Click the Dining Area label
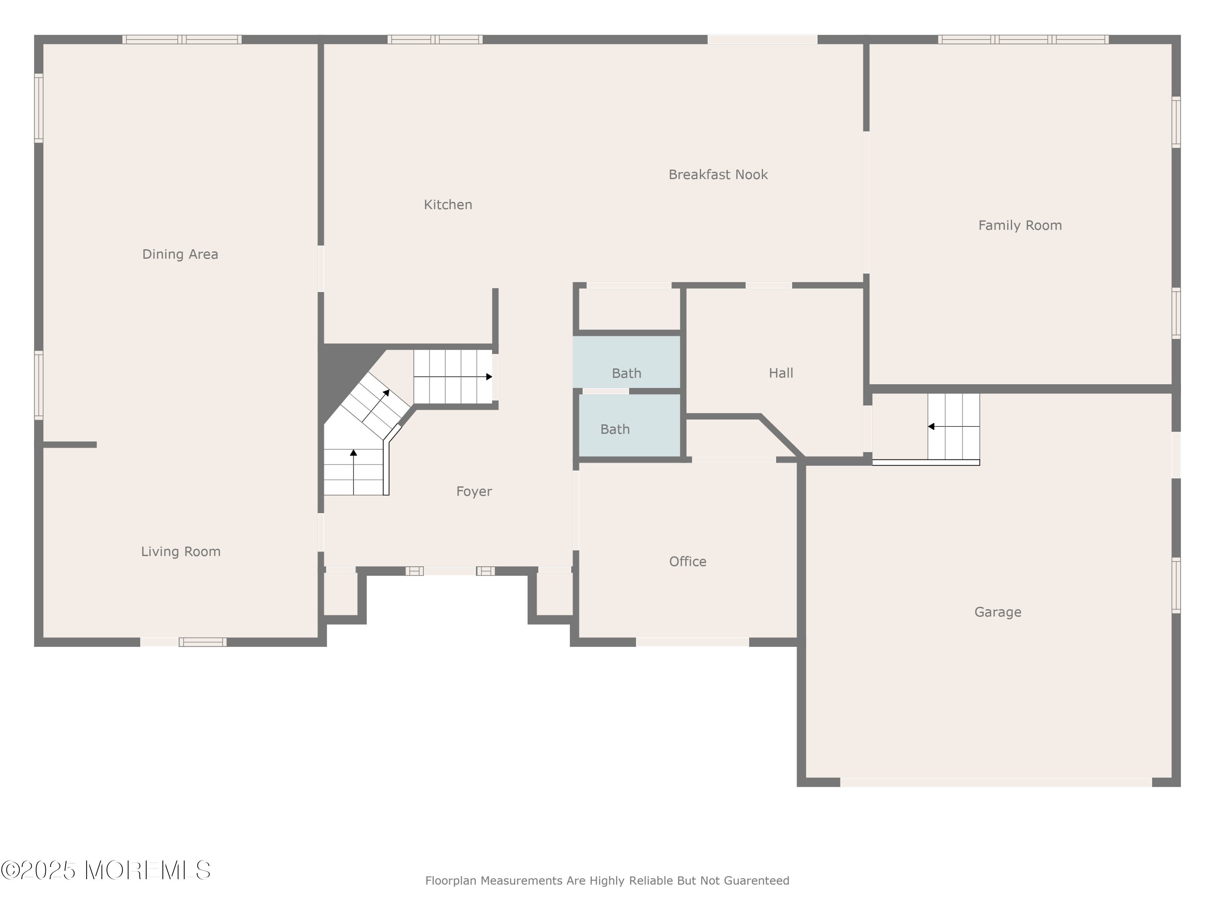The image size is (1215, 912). (180, 254)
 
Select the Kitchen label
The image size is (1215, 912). (448, 205)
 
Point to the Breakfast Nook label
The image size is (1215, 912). (718, 175)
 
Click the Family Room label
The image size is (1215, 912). (1020, 225)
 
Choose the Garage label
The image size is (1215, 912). (998, 612)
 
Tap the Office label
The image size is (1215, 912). (688, 561)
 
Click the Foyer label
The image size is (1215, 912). (474, 491)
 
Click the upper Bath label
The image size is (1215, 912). (626, 373)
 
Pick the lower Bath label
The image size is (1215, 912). (615, 429)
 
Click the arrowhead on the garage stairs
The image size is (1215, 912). (931, 426)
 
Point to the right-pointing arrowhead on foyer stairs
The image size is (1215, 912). (489, 377)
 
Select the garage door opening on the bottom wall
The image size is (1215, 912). (996, 782)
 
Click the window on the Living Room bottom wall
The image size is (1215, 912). (202, 642)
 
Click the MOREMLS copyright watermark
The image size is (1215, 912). (105, 870)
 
